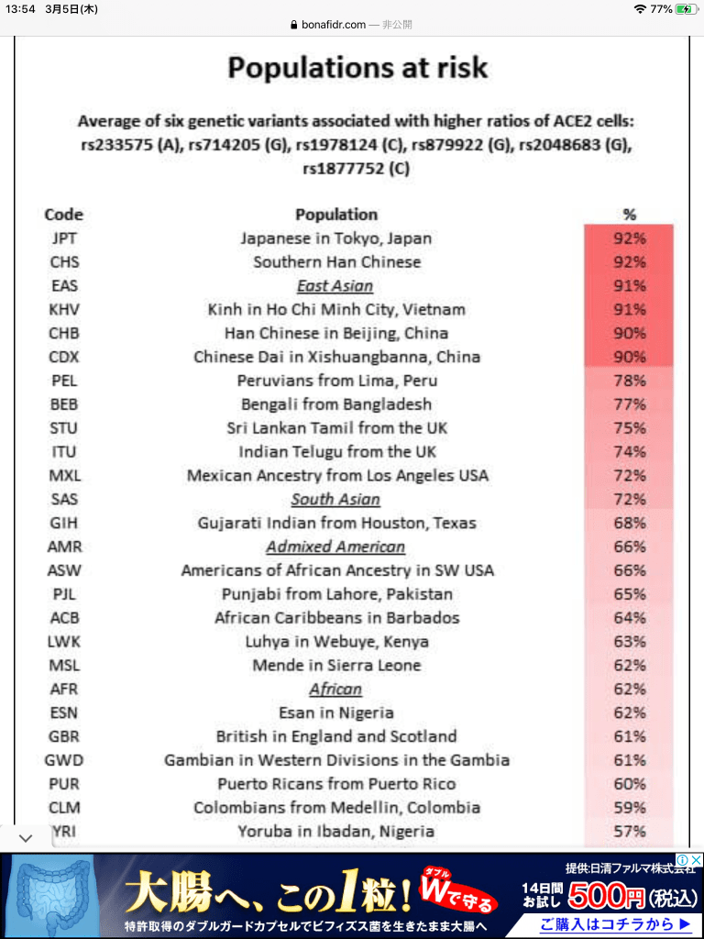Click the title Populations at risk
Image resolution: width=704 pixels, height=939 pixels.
click(357, 68)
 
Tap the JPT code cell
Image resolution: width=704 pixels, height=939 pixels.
click(64, 238)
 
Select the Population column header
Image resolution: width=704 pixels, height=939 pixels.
click(336, 215)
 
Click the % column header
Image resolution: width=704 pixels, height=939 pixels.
click(629, 215)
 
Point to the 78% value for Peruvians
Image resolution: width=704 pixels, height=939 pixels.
click(630, 381)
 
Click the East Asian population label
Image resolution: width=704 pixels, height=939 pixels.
click(335, 286)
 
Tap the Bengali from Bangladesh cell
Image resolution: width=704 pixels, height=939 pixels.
click(336, 404)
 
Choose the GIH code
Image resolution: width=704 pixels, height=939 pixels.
click(64, 524)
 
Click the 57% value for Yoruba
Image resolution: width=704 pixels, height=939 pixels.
click(630, 832)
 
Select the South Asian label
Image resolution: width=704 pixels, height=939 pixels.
click(335, 500)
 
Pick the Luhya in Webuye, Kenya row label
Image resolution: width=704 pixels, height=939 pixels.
click(336, 642)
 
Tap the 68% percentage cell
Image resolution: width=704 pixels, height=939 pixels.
click(630, 524)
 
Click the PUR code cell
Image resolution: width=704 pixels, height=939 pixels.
click(64, 784)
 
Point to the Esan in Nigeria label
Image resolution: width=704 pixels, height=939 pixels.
click(336, 713)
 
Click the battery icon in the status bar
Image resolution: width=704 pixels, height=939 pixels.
click(687, 8)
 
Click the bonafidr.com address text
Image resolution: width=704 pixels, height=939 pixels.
click(333, 25)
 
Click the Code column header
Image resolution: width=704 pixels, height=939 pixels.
click(64, 215)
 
